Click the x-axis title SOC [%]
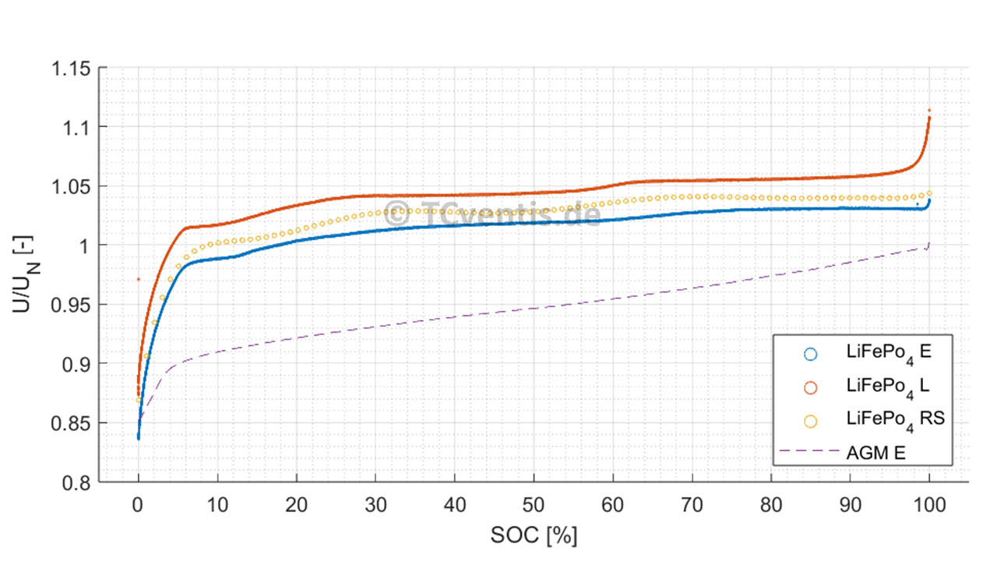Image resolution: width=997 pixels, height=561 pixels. [x=534, y=536]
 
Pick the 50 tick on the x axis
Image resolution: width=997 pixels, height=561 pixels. [x=534, y=504]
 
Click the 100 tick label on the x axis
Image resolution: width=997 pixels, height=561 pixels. [x=928, y=504]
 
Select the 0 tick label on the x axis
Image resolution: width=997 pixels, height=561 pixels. [x=139, y=504]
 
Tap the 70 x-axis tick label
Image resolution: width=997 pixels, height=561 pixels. [x=692, y=504]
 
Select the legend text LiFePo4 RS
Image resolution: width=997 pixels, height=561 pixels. [x=895, y=419]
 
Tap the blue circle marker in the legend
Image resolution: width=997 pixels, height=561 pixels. [x=810, y=354]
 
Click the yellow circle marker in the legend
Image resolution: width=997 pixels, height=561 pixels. [x=810, y=421]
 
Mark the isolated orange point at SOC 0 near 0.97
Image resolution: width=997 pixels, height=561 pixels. [x=139, y=279]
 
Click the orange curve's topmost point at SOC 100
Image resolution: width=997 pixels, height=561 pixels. [x=929, y=111]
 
